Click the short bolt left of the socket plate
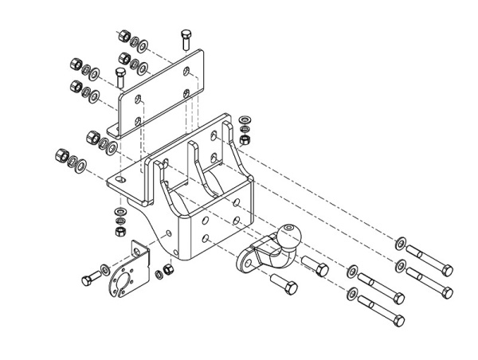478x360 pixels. click(90, 277)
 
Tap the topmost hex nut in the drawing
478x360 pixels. click(124, 36)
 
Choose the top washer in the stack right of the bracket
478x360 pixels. click(244, 118)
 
